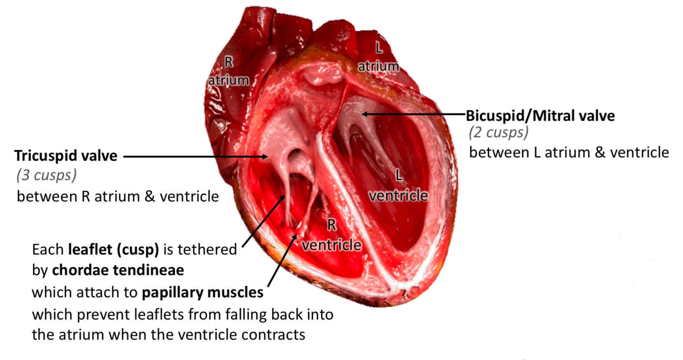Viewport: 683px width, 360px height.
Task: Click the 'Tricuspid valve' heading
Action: click(66, 156)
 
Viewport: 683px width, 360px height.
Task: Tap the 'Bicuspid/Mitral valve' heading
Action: click(540, 116)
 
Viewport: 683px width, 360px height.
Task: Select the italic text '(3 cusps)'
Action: click(46, 175)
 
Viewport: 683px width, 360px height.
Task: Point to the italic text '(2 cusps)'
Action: click(498, 132)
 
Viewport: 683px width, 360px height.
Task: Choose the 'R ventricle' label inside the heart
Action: click(331, 235)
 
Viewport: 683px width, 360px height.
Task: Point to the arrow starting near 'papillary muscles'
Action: click(283, 259)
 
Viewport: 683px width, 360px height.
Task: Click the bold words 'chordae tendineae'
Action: click(118, 270)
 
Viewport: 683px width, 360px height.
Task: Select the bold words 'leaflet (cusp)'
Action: click(113, 249)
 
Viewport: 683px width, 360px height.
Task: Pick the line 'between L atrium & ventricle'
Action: click(569, 153)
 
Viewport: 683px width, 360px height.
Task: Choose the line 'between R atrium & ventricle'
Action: click(118, 196)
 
